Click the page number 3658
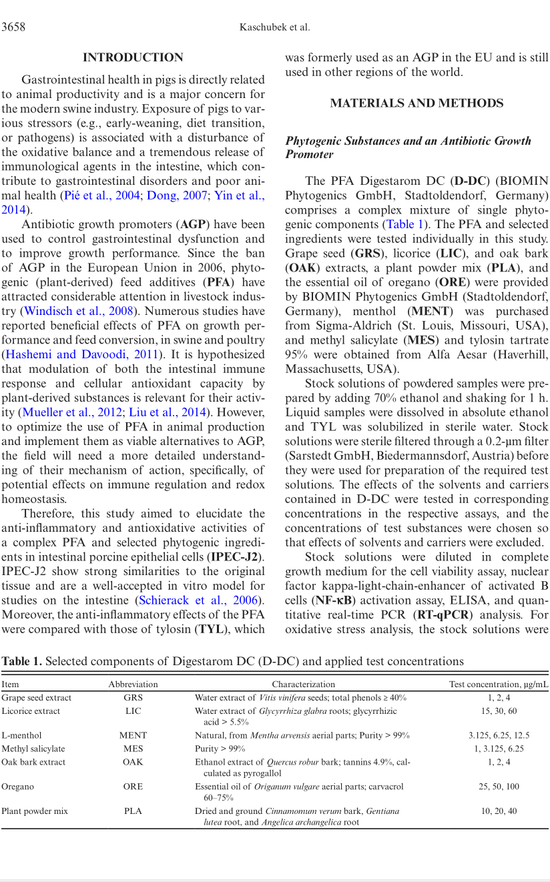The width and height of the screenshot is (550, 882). [x=13, y=27]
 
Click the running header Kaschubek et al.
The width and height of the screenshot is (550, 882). [x=274, y=27]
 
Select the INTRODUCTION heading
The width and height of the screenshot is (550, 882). [x=133, y=58]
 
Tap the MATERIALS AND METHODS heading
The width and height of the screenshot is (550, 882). [x=417, y=103]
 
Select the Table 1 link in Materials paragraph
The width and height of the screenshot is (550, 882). [x=402, y=225]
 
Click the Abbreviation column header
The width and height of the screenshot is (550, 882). [x=133, y=684]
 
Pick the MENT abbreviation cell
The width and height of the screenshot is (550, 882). [x=133, y=735]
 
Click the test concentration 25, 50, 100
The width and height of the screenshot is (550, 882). [x=499, y=787]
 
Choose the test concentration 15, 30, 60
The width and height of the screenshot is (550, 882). [x=499, y=711]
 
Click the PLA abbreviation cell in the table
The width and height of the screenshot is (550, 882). [x=133, y=811]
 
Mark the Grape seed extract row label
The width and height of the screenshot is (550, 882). [x=36, y=698]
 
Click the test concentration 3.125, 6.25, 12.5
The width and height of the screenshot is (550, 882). [x=499, y=735]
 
